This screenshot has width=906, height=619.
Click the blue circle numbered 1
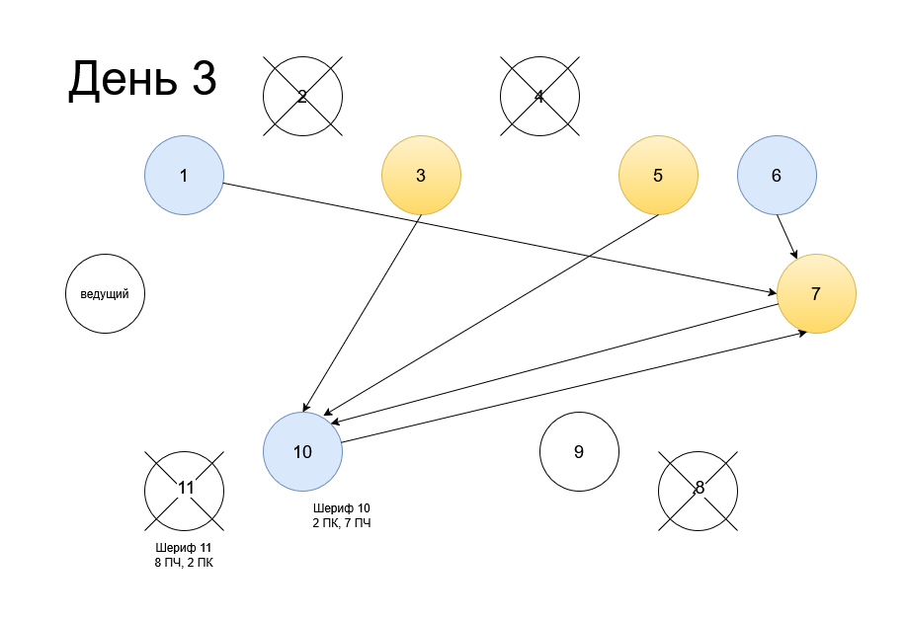pos(184,176)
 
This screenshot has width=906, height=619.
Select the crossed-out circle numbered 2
pos(302,97)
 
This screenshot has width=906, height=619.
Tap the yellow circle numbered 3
pos(421,176)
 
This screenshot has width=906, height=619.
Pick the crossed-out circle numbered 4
pos(539,97)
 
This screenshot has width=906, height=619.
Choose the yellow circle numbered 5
pos(658,176)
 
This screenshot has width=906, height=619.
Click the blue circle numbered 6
pos(777,176)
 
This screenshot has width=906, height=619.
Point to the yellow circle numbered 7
pos(816,294)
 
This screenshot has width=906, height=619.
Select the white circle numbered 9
pos(579,452)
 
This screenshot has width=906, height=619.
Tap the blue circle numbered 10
pos(302,452)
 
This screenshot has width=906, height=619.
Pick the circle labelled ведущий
pos(105,294)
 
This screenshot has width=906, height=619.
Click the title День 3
pos(141,79)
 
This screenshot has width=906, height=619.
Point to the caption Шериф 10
pos(341,508)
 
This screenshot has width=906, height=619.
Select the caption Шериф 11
pos(184,548)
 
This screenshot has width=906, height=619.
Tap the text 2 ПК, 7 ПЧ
pos(341,523)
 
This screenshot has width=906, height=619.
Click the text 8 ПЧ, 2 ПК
pos(184,563)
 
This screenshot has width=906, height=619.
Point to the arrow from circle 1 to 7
pos(494,236)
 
